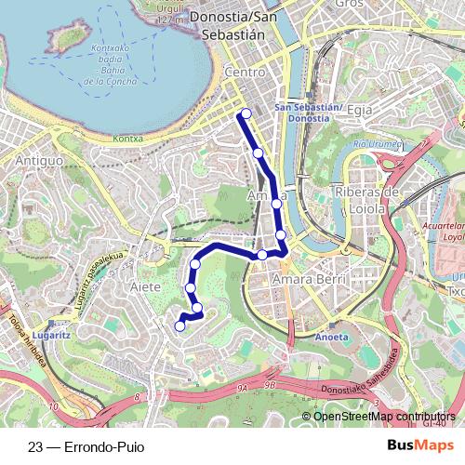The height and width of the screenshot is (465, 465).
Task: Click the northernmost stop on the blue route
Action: (x=246, y=114)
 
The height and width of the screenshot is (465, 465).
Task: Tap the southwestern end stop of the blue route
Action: (x=180, y=325)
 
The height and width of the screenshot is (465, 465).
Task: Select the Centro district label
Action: (x=246, y=72)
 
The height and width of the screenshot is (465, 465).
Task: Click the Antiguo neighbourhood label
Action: (x=38, y=161)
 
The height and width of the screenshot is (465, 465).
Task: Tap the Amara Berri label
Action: (x=308, y=279)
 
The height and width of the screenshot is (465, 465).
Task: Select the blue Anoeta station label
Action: (x=332, y=338)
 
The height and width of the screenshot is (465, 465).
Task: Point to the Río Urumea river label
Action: (x=377, y=145)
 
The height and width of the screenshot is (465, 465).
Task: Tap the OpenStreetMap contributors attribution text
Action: (x=384, y=417)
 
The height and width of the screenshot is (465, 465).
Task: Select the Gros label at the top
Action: (x=349, y=4)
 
